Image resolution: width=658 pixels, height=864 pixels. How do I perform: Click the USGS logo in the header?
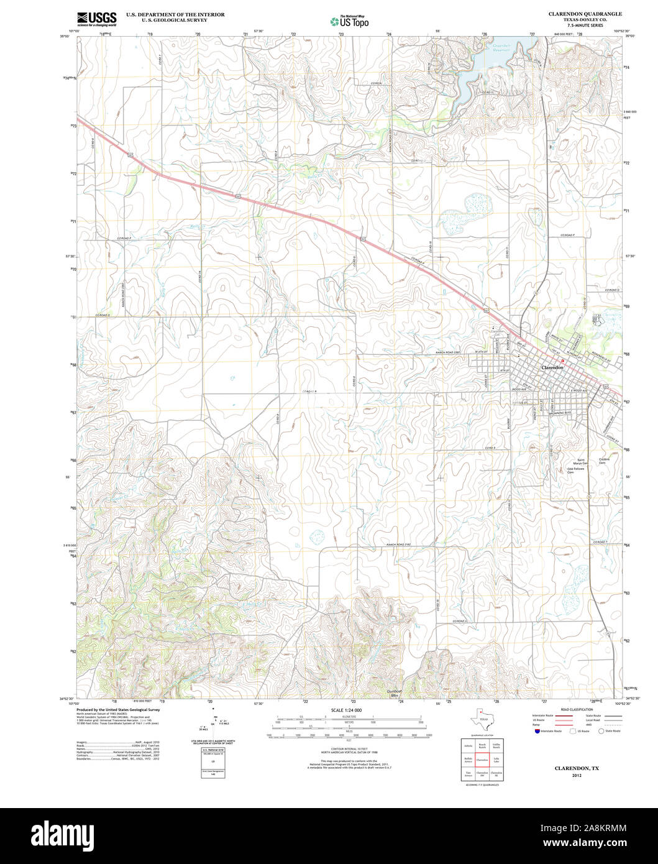tap(96, 19)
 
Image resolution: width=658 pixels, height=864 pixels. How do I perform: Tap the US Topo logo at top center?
tap(350, 21)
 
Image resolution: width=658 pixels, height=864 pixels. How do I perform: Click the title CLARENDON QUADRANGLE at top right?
tap(576, 14)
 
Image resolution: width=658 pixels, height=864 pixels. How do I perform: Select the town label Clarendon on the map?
tap(552, 367)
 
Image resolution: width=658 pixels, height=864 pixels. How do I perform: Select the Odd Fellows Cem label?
tap(575, 471)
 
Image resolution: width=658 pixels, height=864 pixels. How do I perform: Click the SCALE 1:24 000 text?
tap(346, 710)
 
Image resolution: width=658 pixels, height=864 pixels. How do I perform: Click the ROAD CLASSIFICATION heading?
tap(576, 709)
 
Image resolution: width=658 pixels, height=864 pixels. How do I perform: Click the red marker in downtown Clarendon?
tap(562, 361)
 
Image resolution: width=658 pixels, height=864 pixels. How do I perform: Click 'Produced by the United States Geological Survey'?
tap(118, 709)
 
